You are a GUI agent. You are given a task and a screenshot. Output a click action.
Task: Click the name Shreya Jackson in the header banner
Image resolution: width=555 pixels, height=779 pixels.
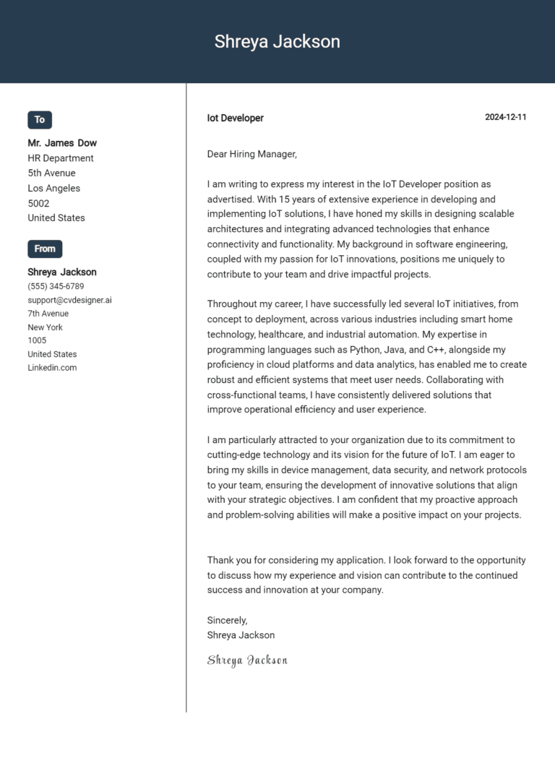pyautogui.click(x=277, y=42)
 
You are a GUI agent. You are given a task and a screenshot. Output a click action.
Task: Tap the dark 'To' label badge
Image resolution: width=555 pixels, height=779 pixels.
pyautogui.click(x=40, y=120)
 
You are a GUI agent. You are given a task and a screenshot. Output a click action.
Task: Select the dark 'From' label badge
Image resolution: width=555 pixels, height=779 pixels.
pyautogui.click(x=45, y=249)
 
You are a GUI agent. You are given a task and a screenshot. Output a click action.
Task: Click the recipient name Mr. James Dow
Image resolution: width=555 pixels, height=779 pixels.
pyautogui.click(x=62, y=143)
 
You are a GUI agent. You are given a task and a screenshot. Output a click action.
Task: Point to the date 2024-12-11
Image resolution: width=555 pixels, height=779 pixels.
pyautogui.click(x=505, y=118)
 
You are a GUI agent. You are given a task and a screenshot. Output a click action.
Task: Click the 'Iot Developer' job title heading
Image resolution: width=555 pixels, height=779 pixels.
pyautogui.click(x=236, y=118)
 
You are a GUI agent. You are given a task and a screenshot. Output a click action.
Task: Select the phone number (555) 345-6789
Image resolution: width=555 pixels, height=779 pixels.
pyautogui.click(x=56, y=286)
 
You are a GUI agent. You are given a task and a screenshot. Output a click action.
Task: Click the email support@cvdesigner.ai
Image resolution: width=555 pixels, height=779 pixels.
pyautogui.click(x=69, y=300)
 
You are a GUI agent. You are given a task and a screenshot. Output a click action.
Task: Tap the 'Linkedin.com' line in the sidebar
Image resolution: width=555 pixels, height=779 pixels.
pyautogui.click(x=52, y=367)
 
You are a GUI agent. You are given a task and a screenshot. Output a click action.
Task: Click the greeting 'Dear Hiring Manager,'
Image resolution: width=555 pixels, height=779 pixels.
pyautogui.click(x=252, y=154)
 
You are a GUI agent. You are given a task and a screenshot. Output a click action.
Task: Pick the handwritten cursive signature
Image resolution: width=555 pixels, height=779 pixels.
pyautogui.click(x=247, y=660)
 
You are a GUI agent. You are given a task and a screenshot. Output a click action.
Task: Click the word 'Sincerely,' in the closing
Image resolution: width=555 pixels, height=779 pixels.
pyautogui.click(x=227, y=620)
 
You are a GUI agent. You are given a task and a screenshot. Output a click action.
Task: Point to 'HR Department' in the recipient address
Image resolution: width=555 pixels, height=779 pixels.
pyautogui.click(x=61, y=158)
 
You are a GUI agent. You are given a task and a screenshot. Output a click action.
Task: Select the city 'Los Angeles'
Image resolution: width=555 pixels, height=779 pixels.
pyautogui.click(x=54, y=188)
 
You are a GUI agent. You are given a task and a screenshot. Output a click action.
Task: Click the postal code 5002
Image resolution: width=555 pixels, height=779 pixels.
pyautogui.click(x=38, y=203)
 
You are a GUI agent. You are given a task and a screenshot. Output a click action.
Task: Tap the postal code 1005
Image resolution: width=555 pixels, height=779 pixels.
pyautogui.click(x=37, y=340)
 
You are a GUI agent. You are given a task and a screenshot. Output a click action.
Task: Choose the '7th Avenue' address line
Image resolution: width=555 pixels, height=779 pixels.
pyautogui.click(x=48, y=314)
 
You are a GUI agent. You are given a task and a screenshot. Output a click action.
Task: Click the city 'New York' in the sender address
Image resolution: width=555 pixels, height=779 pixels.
pyautogui.click(x=45, y=327)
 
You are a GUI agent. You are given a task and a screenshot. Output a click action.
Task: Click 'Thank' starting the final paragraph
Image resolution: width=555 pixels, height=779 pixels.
pyautogui.click(x=220, y=560)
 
